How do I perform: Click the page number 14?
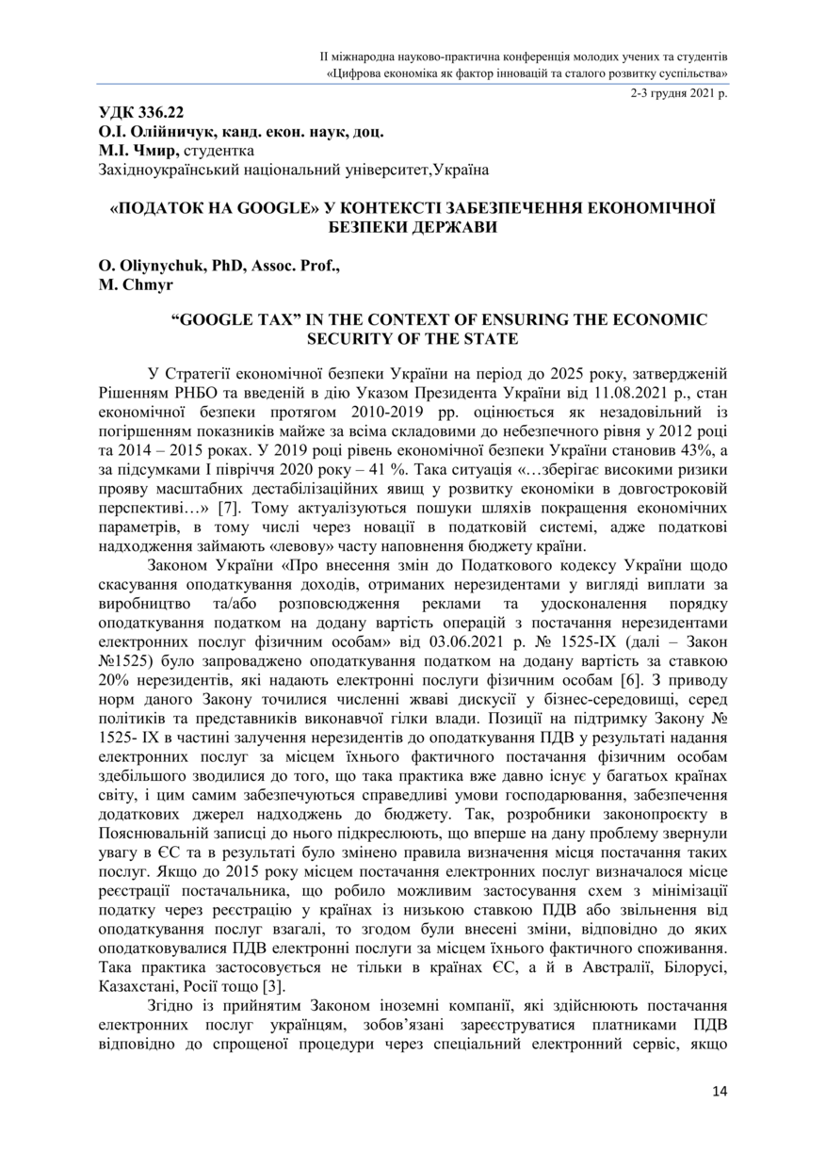[719, 1091]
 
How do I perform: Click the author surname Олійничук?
[160, 130]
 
